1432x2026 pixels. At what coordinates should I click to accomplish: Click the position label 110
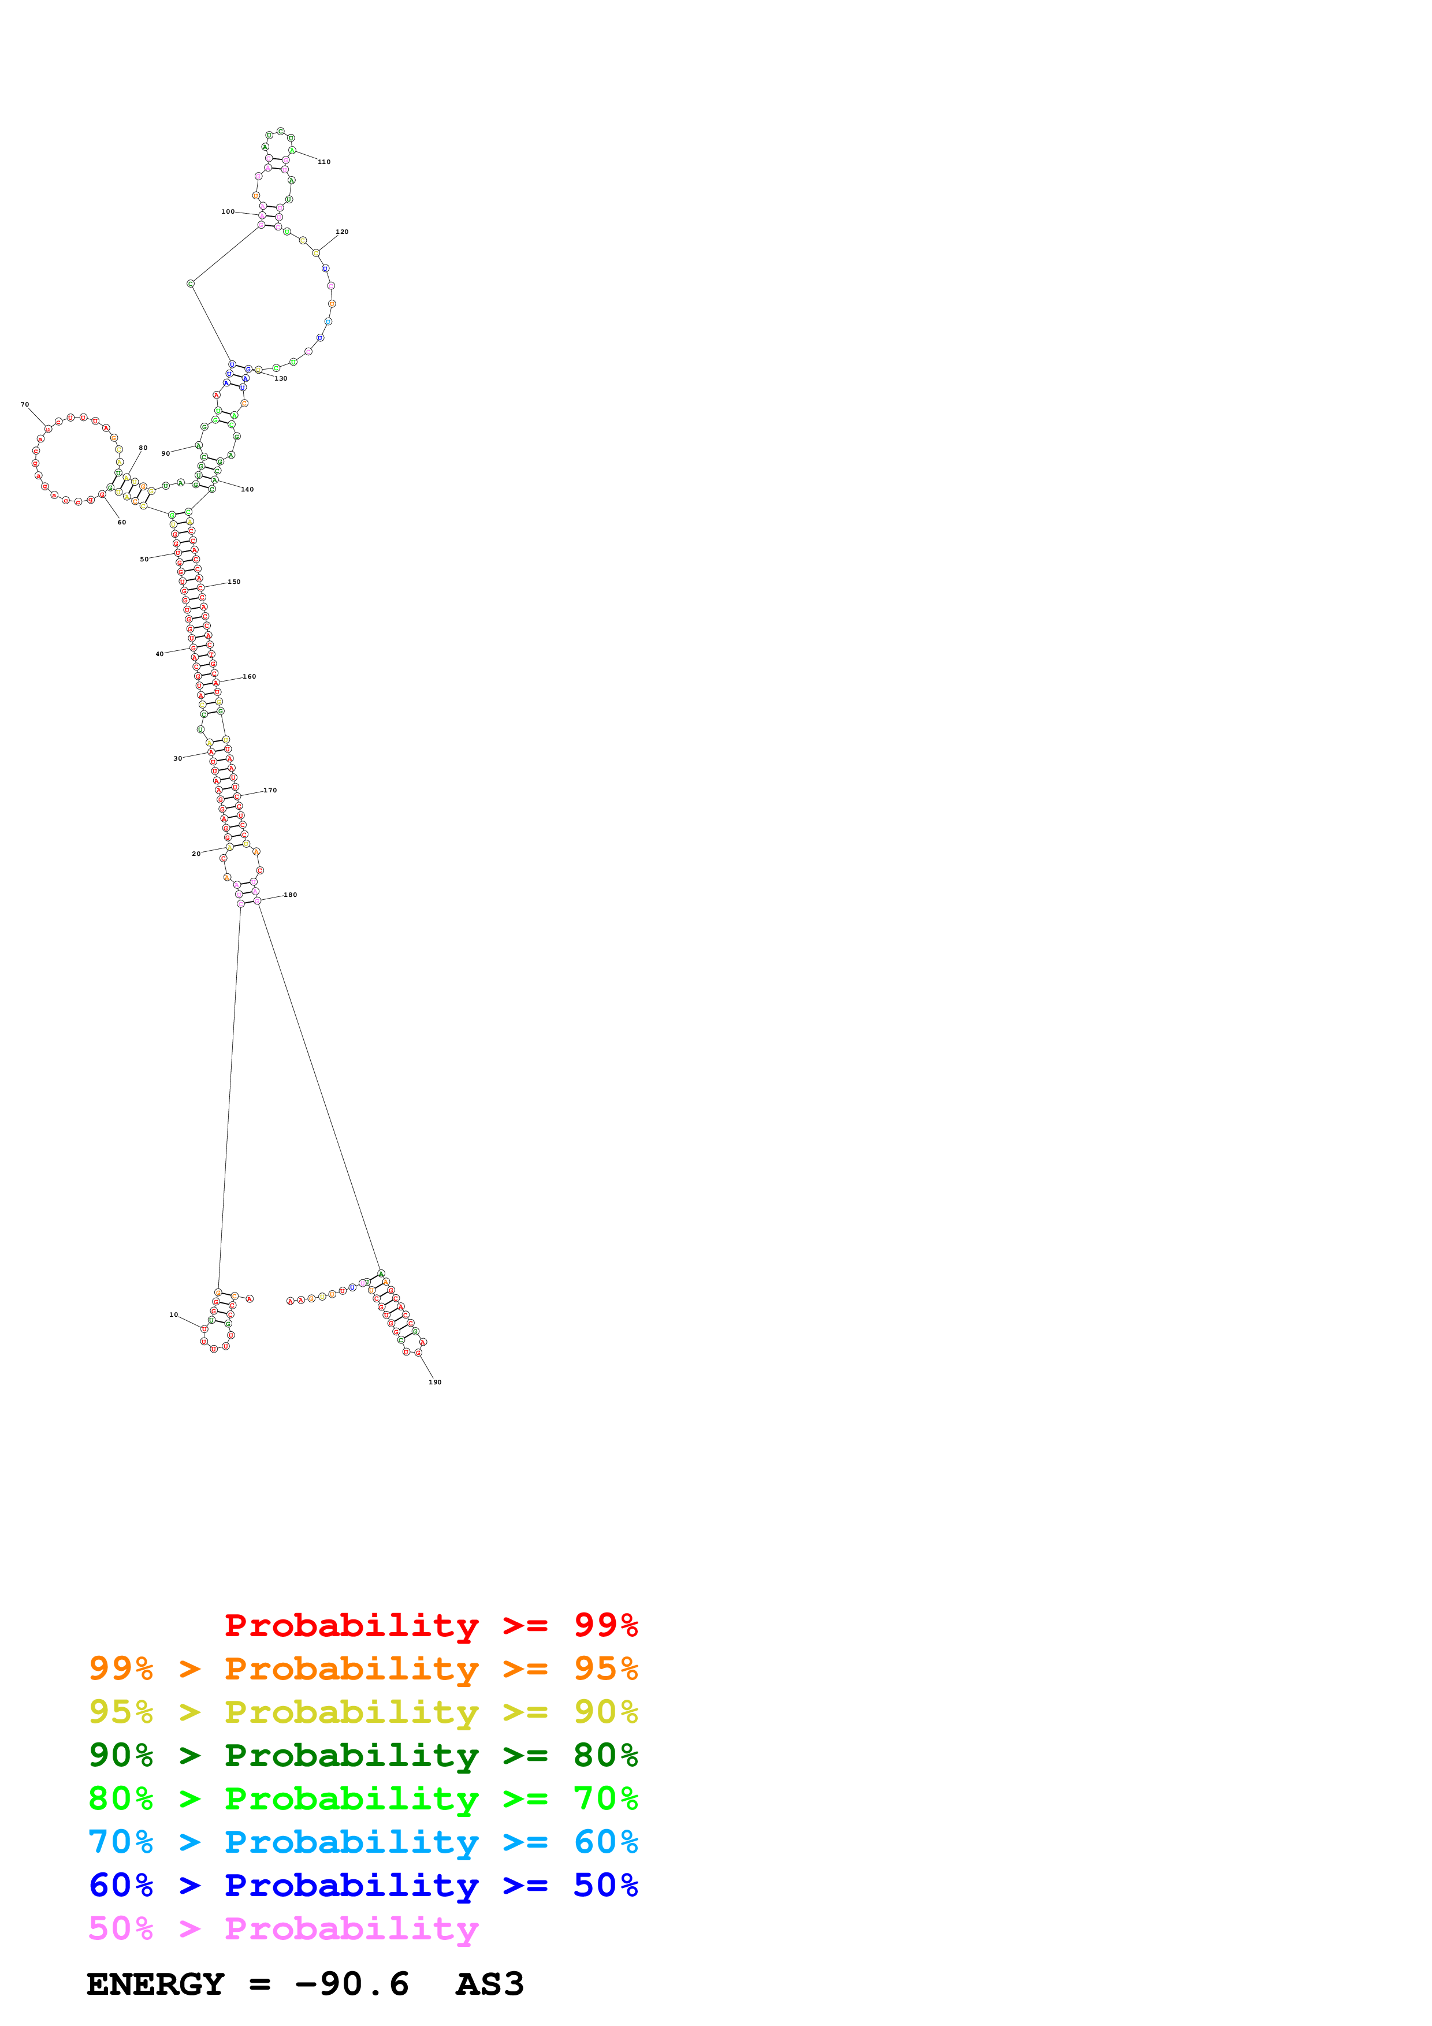(x=324, y=162)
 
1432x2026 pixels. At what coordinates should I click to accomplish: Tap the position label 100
(x=228, y=212)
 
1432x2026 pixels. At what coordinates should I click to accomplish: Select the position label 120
(x=341, y=232)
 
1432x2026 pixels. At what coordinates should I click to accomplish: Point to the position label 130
(x=281, y=378)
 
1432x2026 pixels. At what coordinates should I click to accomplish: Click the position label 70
(x=25, y=405)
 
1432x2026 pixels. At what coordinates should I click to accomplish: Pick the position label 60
(x=122, y=523)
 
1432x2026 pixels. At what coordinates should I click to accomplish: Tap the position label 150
(x=234, y=582)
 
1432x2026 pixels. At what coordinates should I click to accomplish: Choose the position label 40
(x=159, y=654)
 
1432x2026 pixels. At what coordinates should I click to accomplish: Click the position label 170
(x=270, y=791)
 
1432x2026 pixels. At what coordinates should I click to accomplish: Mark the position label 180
(x=291, y=895)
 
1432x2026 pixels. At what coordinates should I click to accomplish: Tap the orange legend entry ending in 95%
(x=363, y=1669)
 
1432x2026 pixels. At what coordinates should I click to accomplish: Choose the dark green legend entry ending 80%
(x=363, y=1755)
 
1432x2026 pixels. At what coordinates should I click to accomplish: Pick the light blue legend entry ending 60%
(x=363, y=1842)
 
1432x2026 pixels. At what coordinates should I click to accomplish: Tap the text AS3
(x=490, y=1984)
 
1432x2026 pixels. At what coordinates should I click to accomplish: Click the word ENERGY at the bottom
(x=155, y=1984)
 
